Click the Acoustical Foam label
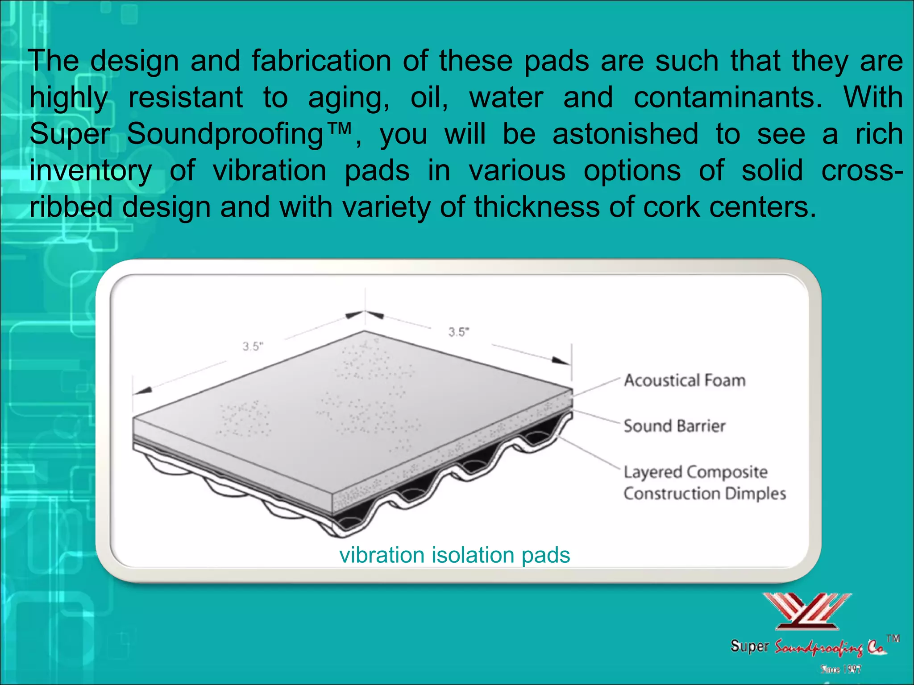(x=685, y=380)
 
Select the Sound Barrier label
(x=674, y=426)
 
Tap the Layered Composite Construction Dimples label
(x=704, y=483)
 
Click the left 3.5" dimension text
(x=253, y=347)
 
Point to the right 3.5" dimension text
(x=459, y=332)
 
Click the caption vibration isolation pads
(x=454, y=555)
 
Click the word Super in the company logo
(x=750, y=646)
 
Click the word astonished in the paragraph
(x=625, y=134)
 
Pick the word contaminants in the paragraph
(x=727, y=98)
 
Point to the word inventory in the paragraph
(x=91, y=171)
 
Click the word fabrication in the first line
(x=321, y=61)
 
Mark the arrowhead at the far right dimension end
(x=561, y=361)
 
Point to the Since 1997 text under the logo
(x=841, y=669)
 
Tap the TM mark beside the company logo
(x=893, y=639)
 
